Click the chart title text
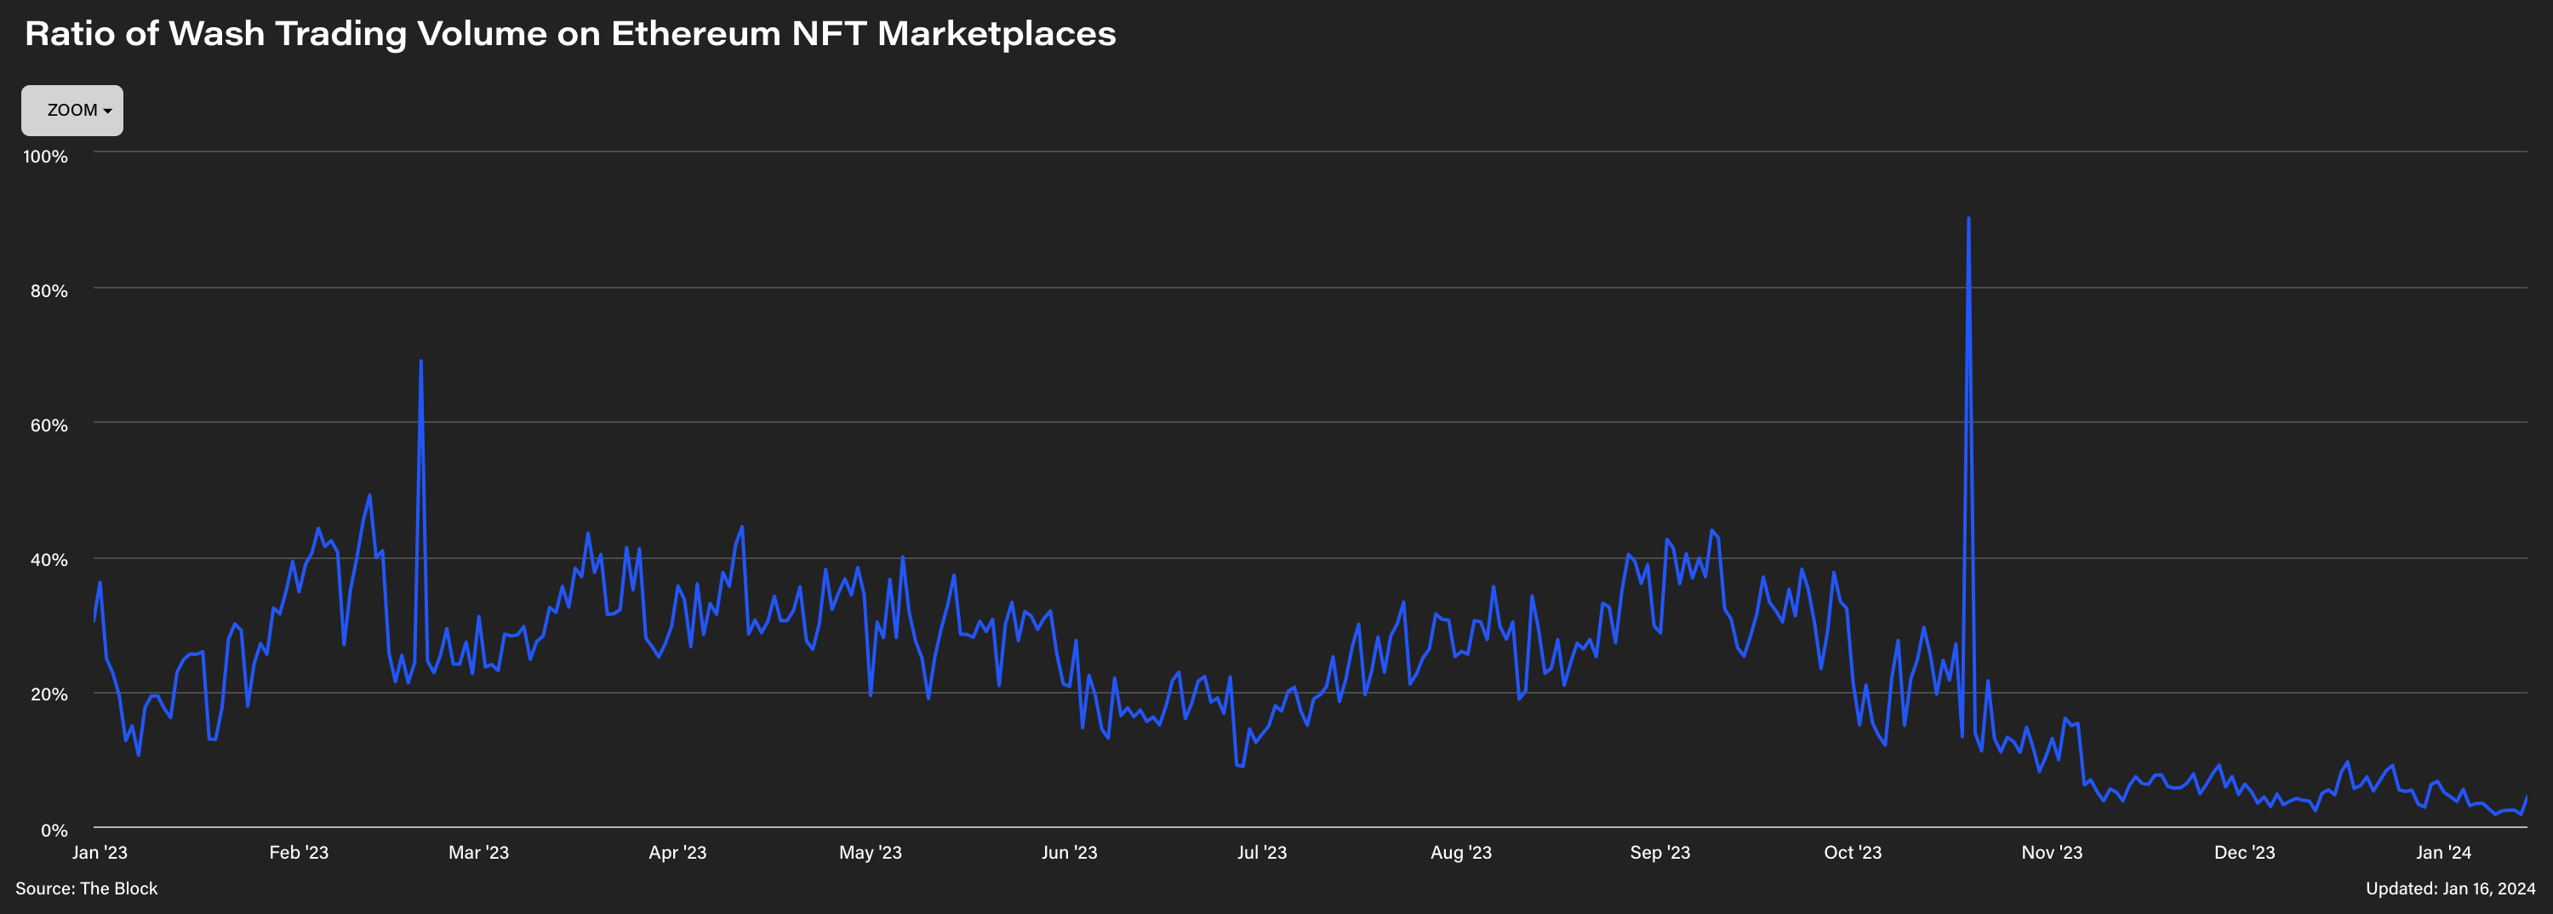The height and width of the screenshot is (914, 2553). point(570,34)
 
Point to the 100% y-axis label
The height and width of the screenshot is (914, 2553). point(46,157)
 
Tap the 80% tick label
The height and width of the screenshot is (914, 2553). point(49,290)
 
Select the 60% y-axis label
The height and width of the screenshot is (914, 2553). point(49,426)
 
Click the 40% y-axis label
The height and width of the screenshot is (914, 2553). point(49,560)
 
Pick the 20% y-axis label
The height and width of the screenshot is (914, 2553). point(49,694)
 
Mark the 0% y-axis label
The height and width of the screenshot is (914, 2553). point(54,830)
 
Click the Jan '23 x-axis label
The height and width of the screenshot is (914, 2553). point(100,853)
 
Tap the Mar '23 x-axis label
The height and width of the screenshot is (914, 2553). point(478,853)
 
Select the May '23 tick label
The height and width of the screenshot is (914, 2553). point(871,853)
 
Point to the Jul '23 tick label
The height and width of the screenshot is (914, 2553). point(1262,853)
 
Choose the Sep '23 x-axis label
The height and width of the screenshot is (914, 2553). point(1660,853)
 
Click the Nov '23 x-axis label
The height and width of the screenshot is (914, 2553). point(2052,853)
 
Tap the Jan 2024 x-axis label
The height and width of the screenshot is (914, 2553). point(2443,853)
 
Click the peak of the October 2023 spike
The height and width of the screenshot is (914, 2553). point(1968,219)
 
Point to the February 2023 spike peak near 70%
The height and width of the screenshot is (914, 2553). point(421,362)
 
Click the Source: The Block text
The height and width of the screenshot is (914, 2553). point(86,889)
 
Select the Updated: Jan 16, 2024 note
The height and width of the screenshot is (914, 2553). point(2450,889)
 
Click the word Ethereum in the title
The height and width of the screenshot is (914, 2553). point(696,34)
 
